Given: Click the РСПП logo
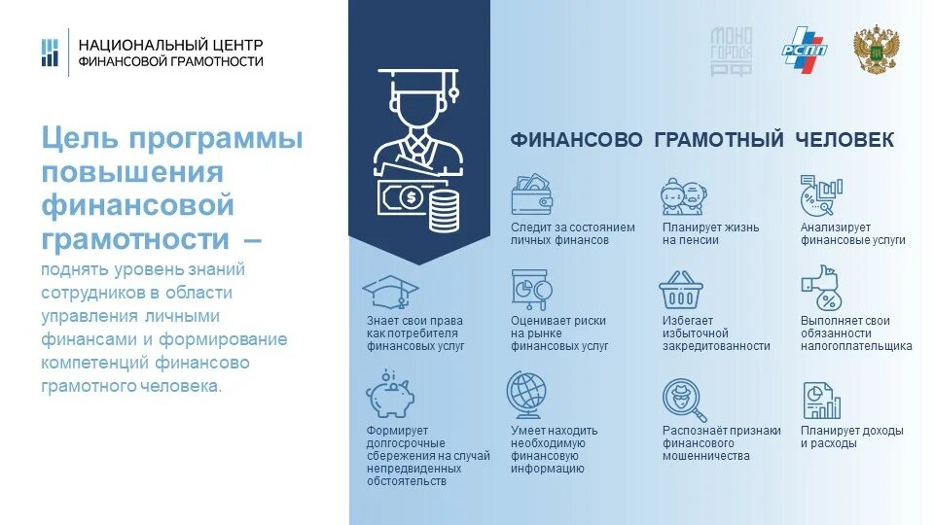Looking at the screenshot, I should tap(805, 48).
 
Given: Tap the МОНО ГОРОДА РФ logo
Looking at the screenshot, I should tap(732, 51).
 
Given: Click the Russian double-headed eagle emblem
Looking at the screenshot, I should tap(875, 50).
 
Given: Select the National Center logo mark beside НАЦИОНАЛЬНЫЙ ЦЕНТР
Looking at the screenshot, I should tap(50, 52).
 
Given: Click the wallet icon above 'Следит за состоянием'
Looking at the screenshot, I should tap(532, 195).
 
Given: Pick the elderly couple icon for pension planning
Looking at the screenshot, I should tap(682, 195).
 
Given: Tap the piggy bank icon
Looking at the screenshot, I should tap(389, 394).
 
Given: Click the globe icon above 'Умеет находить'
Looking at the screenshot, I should tap(529, 395).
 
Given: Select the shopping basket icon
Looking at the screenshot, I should tap(680, 290).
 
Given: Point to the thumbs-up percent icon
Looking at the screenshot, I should tap(819, 288).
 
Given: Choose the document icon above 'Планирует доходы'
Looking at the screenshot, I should tap(821, 399).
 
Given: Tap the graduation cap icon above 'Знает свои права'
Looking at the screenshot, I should tap(389, 291).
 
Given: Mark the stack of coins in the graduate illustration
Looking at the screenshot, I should tap(443, 209).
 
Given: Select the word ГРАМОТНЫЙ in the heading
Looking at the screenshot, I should tap(719, 141).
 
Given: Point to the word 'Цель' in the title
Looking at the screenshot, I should tap(79, 139).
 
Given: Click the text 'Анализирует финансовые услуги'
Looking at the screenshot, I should tap(852, 233).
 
